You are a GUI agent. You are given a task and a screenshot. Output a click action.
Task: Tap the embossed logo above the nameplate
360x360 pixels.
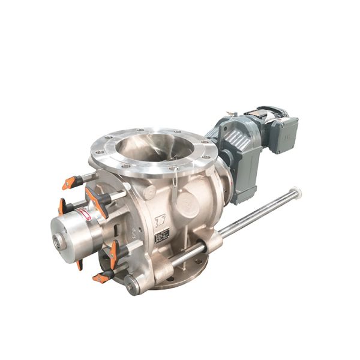pos(160,220)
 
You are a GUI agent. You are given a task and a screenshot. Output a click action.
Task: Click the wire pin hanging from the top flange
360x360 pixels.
pos(173,180)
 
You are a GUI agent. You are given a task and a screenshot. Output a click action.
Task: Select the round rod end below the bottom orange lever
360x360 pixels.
pos(130,286)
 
